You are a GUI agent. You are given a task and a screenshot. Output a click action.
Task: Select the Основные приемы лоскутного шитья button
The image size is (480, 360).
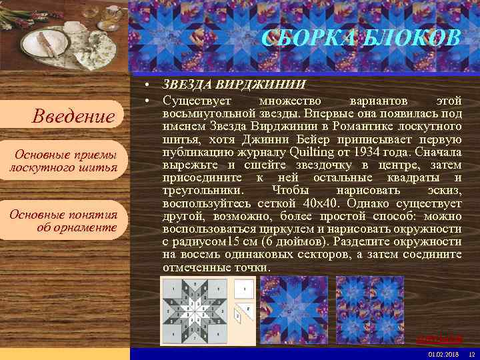coord(64,161)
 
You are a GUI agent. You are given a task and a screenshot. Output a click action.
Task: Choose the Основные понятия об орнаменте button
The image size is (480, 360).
coord(64,221)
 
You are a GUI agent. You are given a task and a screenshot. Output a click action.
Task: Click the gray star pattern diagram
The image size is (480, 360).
coord(196,311)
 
